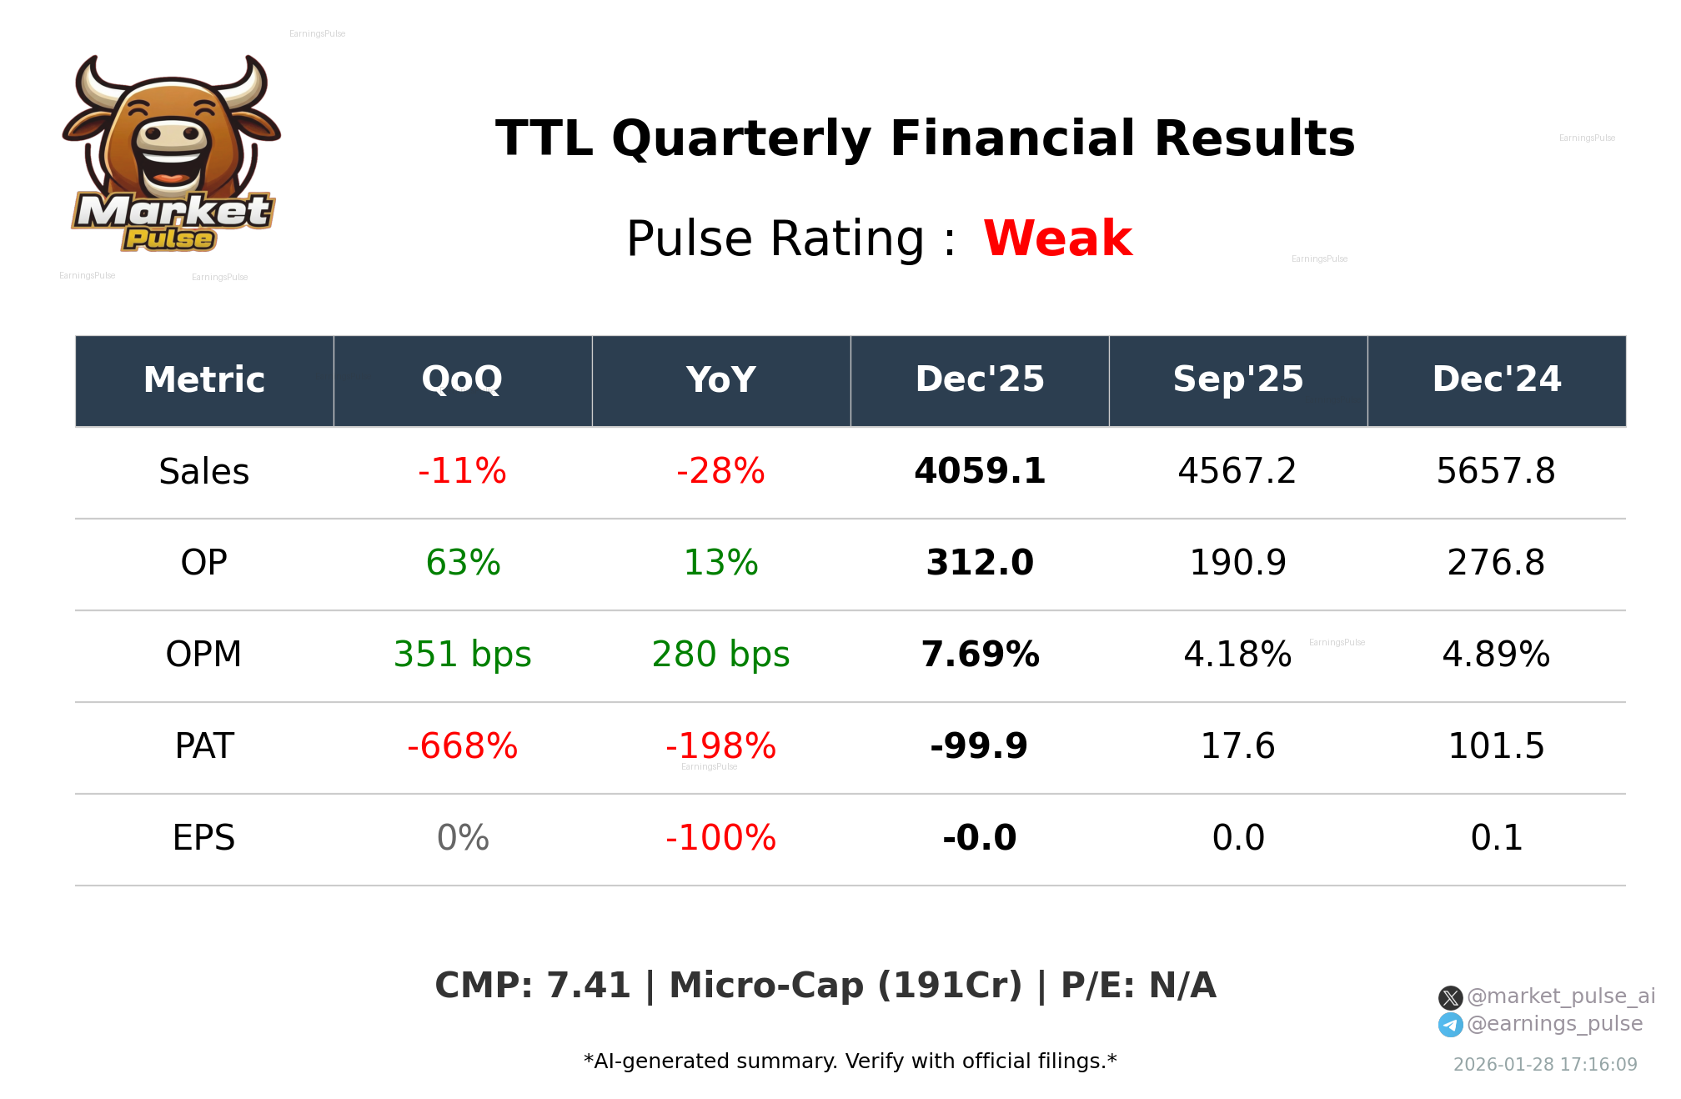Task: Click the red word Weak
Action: [x=1057, y=238]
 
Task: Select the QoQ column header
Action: [x=462, y=380]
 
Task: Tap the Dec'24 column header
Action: [x=1496, y=380]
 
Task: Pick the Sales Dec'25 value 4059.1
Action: [x=980, y=471]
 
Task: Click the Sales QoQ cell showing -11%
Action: [x=462, y=471]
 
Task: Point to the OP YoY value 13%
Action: [x=720, y=563]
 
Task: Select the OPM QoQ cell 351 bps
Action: [x=462, y=655]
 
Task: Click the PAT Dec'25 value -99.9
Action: [x=979, y=746]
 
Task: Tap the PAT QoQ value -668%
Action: [x=462, y=746]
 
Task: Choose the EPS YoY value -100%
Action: [x=720, y=838]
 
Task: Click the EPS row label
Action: [x=203, y=838]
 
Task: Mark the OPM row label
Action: [x=203, y=655]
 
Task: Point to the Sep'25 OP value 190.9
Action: [x=1237, y=563]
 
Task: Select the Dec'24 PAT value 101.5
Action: [x=1496, y=746]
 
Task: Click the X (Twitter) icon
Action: [x=1450, y=997]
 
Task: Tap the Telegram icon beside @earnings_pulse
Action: [x=1450, y=1025]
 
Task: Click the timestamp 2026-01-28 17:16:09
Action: [x=1545, y=1065]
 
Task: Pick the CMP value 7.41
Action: [x=588, y=986]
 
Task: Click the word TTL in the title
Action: [x=544, y=138]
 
